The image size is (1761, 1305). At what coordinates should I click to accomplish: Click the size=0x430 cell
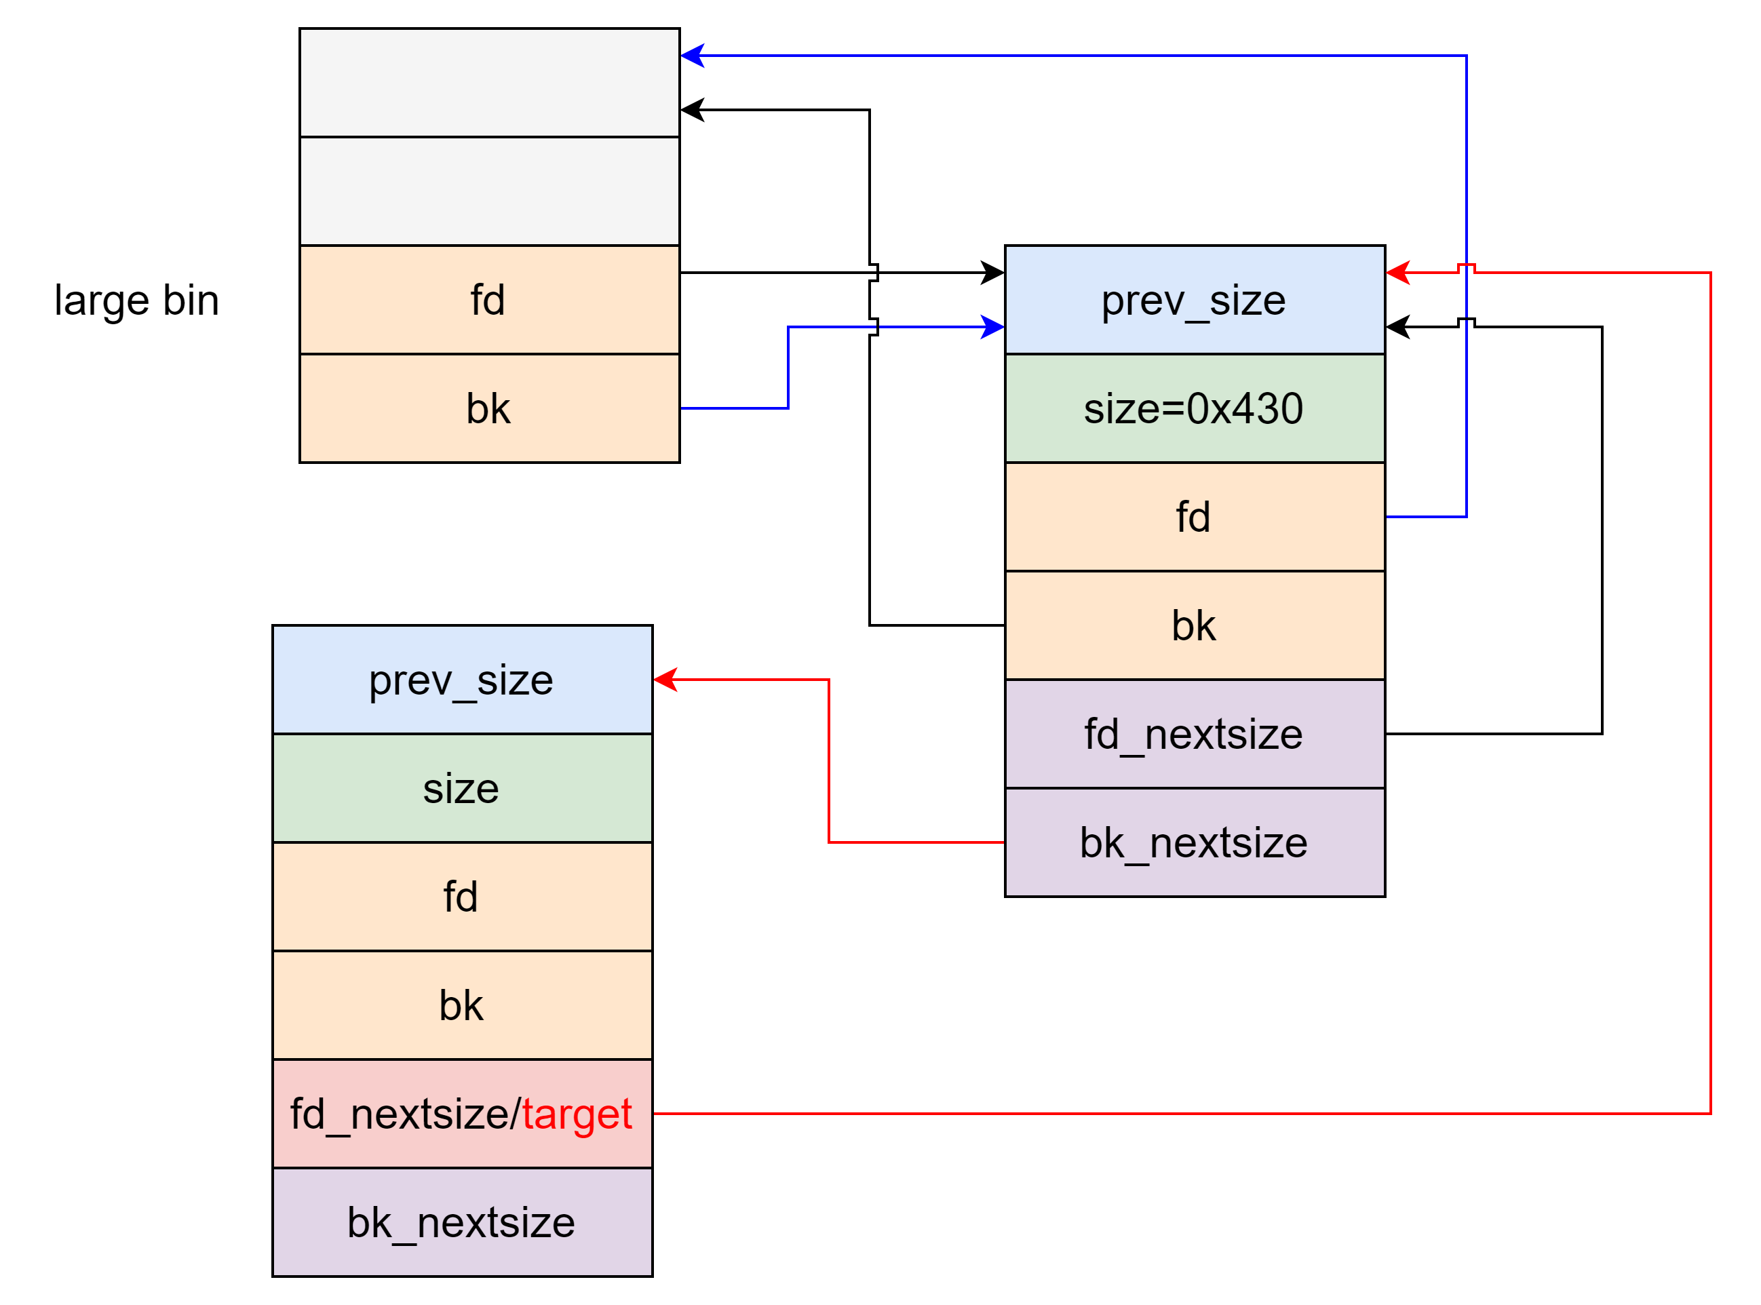click(1194, 408)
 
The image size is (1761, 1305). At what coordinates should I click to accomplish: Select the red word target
click(577, 1114)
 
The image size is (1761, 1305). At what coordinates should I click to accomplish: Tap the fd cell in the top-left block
click(489, 300)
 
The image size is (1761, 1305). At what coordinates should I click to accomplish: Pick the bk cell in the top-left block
click(489, 408)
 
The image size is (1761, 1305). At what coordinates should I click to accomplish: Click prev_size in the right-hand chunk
click(1194, 300)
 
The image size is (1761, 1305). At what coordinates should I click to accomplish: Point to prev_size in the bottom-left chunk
click(461, 680)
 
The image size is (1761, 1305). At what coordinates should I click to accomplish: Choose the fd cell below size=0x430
click(1194, 517)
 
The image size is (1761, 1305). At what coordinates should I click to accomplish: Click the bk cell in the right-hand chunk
click(1194, 625)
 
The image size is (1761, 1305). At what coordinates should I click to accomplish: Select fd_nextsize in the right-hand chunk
click(1194, 734)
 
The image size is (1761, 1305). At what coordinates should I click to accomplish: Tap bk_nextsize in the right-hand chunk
click(1194, 843)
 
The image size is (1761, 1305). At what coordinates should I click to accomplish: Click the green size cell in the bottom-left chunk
click(461, 788)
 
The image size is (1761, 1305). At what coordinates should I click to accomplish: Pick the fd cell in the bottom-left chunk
click(461, 897)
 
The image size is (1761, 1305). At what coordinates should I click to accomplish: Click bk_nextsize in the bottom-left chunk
click(461, 1222)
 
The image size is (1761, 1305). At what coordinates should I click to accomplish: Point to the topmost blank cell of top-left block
click(489, 83)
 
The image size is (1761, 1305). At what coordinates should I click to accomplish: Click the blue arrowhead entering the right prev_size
click(993, 326)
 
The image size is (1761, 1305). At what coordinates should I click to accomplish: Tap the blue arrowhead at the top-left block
click(692, 56)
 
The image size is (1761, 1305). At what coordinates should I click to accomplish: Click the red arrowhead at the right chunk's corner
click(1397, 273)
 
